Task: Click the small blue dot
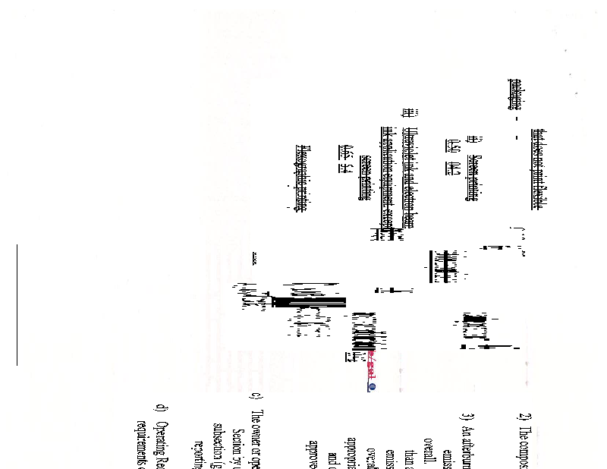(x=372, y=386)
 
